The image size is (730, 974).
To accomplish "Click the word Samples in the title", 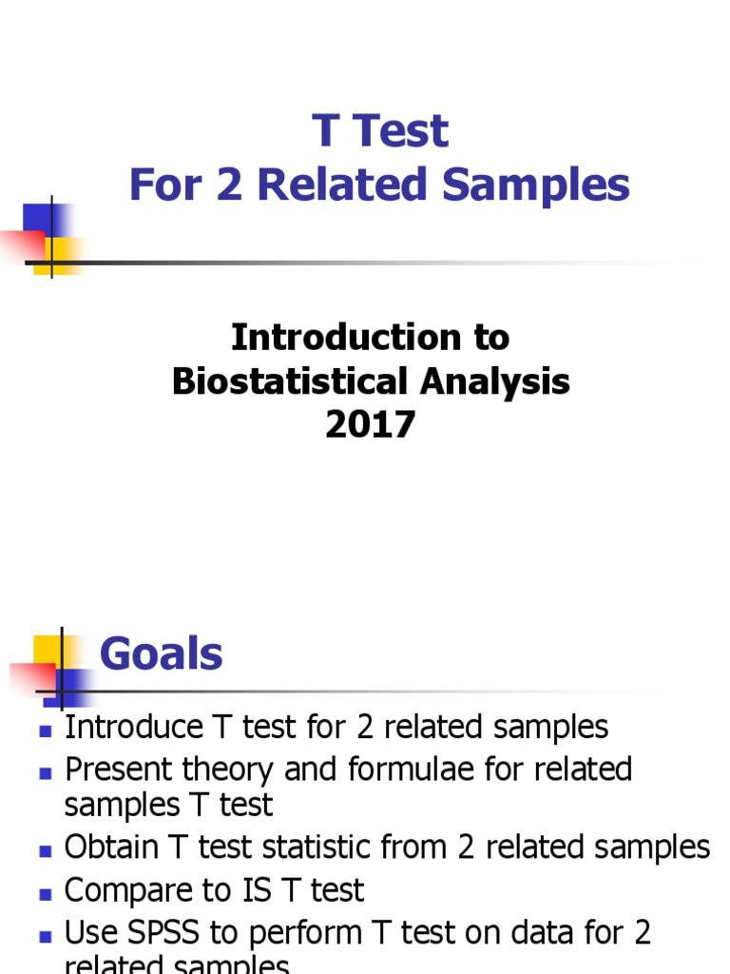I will coord(545,185).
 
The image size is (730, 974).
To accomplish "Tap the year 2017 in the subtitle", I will coord(370,424).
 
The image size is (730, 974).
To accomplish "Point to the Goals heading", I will coord(161,654).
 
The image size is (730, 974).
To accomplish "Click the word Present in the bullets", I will coord(119,769).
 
